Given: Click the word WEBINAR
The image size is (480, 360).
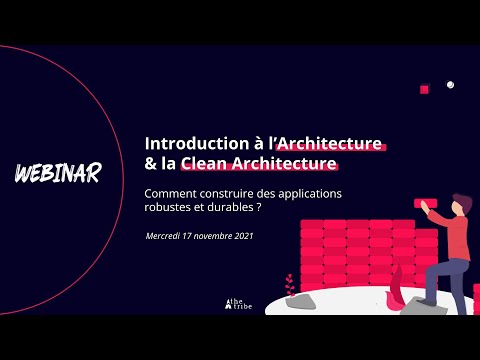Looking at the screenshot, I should coord(57,173).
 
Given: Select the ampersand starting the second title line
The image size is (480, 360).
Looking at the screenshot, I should coord(151,163).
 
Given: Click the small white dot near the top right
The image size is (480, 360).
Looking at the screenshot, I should coord(451,85).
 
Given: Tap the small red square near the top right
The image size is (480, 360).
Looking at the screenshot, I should coord(425,90).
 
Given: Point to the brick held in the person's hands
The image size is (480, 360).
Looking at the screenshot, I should coord(423,202).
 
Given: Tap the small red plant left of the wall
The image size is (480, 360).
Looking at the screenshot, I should coord(289,284).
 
